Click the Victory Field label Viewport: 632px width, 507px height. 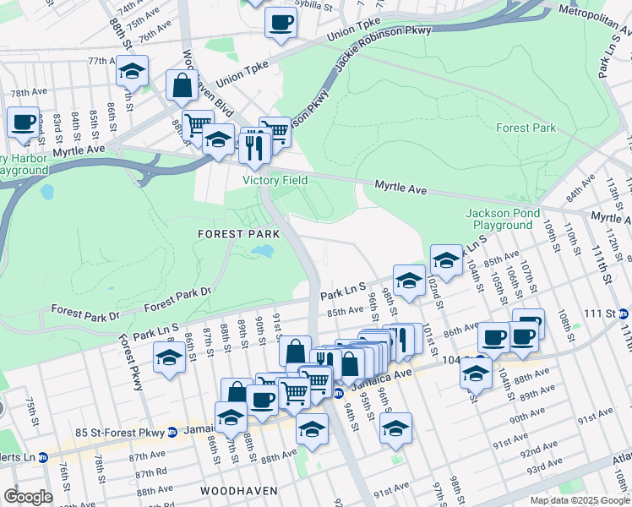click(275, 180)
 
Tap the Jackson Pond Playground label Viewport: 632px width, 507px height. click(503, 220)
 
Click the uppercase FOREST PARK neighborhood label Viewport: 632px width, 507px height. click(232, 232)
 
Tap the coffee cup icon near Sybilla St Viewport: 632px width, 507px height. click(281, 23)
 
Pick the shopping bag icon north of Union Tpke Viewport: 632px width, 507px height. click(182, 84)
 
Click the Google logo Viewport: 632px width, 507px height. click(28, 497)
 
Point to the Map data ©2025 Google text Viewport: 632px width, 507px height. click(580, 500)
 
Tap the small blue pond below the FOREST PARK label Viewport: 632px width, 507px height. click(262, 251)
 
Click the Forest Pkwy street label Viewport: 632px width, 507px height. click(131, 363)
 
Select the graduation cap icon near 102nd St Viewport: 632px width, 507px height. click(446, 259)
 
